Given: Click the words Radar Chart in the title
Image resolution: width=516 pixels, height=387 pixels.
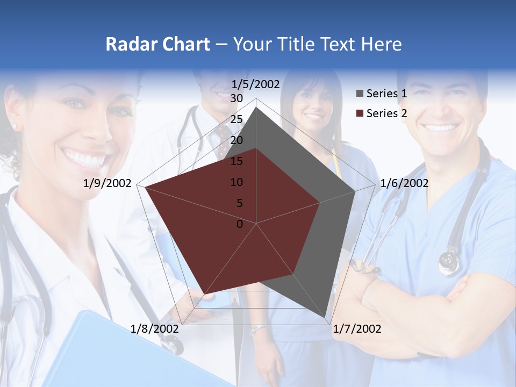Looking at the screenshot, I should click(157, 44).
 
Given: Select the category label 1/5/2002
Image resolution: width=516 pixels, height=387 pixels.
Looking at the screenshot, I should click(256, 84).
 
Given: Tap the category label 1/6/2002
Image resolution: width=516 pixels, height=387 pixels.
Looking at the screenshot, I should click(404, 183).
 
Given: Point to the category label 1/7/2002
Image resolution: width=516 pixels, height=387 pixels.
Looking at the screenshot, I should click(357, 329).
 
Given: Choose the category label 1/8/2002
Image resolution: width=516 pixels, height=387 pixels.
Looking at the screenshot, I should click(155, 329).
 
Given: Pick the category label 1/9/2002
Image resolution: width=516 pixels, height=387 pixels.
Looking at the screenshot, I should click(107, 183).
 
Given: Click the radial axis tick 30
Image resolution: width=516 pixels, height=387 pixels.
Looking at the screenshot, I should click(236, 98).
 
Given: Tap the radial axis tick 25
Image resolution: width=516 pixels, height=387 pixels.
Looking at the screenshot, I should click(236, 119).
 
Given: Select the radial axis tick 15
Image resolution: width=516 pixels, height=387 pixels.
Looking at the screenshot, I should click(236, 161).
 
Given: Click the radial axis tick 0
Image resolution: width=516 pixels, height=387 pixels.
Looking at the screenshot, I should click(240, 224).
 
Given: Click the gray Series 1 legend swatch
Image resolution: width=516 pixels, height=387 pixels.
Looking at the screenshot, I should click(360, 94).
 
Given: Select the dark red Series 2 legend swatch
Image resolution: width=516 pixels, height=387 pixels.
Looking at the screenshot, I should click(360, 113).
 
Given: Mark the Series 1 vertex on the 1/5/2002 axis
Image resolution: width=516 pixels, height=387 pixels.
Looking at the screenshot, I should click(256, 107).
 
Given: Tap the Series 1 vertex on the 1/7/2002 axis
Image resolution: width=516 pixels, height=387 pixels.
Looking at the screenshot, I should click(326, 318).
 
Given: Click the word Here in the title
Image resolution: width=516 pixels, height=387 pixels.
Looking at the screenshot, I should click(381, 44).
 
